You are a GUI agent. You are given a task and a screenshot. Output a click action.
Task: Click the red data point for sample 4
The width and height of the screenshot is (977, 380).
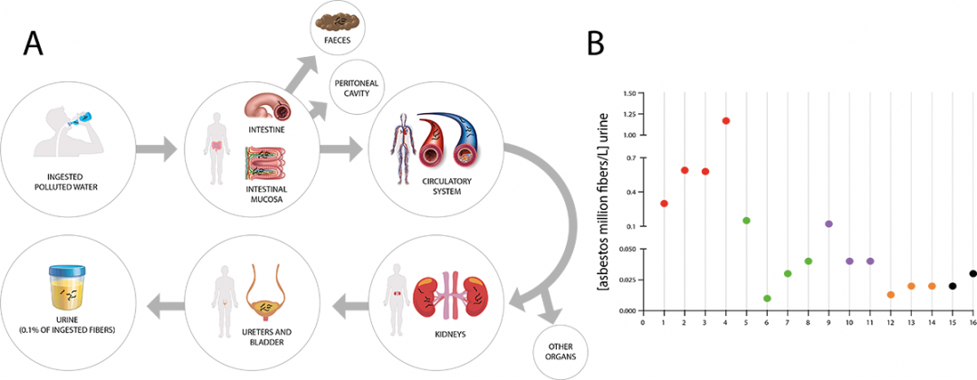coord(726,120)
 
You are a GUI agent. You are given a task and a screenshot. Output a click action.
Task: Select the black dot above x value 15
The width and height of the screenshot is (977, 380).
coord(953,286)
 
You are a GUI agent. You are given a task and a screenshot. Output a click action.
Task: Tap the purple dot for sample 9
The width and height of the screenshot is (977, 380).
coord(829,223)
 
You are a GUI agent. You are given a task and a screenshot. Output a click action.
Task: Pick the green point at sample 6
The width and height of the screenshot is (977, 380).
coord(767,299)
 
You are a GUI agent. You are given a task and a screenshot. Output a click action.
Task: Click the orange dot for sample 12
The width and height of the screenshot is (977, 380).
coord(890,295)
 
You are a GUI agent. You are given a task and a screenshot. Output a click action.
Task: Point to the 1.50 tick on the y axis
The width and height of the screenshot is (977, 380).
coord(629,92)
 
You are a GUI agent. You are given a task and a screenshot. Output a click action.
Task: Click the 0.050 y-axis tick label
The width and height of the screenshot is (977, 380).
coord(627,247)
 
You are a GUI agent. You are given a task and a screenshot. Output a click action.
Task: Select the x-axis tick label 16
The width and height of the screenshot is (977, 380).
coord(972,320)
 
